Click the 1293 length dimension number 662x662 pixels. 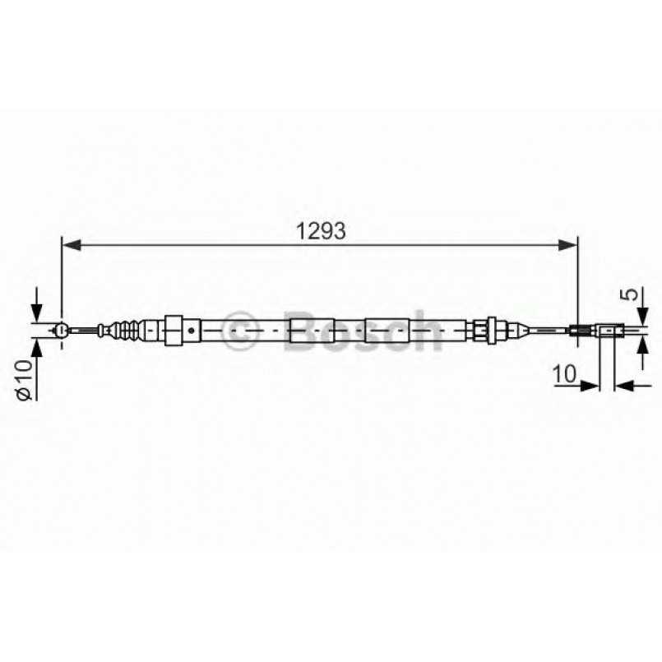pyautogui.click(x=321, y=231)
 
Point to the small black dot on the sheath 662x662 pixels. pyautogui.click(x=191, y=331)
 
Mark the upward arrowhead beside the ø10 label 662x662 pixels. pyautogui.click(x=36, y=348)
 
